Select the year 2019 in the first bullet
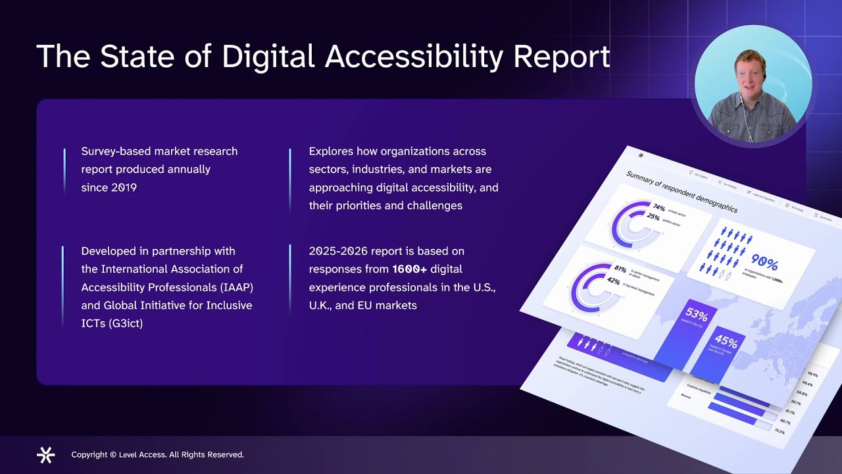[124, 188]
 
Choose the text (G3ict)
[126, 323]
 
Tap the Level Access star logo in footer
[46, 454]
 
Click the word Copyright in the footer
[89, 454]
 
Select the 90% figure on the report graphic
[764, 263]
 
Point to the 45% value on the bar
[726, 341]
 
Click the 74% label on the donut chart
[658, 207]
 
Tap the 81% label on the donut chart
[620, 269]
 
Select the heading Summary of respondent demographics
[681, 192]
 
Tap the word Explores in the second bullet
[331, 151]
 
